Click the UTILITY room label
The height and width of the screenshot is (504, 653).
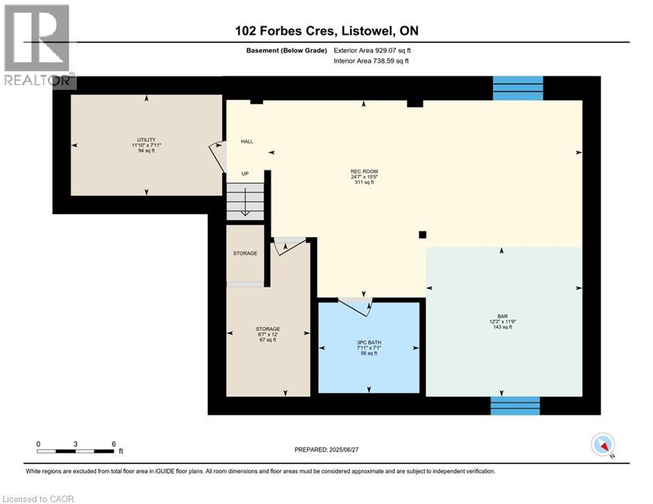click(146, 140)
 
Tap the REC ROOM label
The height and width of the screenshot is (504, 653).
click(364, 172)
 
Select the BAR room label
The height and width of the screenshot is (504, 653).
click(502, 316)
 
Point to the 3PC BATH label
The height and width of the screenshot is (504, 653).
click(369, 343)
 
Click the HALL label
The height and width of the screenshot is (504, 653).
click(247, 142)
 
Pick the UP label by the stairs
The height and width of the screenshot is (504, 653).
click(245, 174)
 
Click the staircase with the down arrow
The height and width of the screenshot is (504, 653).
click(245, 201)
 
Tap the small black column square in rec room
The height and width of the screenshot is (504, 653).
click(422, 234)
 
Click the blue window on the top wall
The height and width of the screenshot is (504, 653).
click(518, 89)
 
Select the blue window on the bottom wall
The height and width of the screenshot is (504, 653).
click(515, 406)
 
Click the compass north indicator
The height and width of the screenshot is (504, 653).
click(603, 445)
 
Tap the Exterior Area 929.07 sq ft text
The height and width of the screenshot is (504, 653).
click(372, 51)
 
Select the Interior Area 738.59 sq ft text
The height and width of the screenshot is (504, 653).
click(371, 61)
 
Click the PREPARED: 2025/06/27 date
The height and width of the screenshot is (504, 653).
click(327, 450)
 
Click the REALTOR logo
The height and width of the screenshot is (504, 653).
click(37, 46)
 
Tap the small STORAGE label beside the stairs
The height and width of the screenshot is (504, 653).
click(245, 253)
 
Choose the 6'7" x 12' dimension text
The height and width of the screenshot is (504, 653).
click(268, 335)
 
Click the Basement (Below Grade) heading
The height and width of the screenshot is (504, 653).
click(287, 51)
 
